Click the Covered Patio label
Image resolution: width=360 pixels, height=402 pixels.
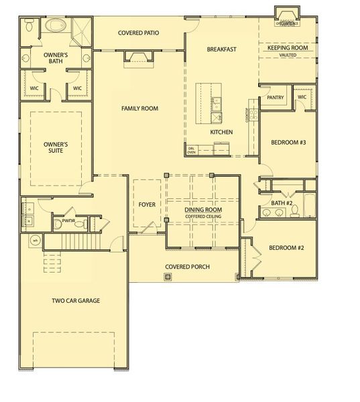(x=139, y=33)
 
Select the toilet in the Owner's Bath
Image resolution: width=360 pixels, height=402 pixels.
(x=28, y=27)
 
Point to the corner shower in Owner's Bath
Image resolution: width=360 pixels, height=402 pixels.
(x=80, y=30)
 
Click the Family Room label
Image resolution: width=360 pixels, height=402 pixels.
(x=139, y=108)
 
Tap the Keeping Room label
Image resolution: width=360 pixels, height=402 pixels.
(x=287, y=48)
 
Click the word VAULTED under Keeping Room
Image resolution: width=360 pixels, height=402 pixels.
(x=287, y=56)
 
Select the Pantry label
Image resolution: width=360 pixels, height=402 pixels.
(x=275, y=98)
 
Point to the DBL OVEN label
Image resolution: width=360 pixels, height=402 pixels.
(x=192, y=149)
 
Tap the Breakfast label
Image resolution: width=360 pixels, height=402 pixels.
(x=221, y=49)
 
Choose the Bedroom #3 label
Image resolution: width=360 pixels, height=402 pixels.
(x=288, y=143)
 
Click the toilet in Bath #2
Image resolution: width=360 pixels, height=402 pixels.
(x=294, y=212)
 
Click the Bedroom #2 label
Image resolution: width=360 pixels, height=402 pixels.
(x=286, y=248)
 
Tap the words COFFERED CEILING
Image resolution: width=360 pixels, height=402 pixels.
(x=203, y=216)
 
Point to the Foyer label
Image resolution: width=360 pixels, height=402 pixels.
(x=147, y=204)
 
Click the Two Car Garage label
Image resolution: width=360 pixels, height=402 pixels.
(x=76, y=301)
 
